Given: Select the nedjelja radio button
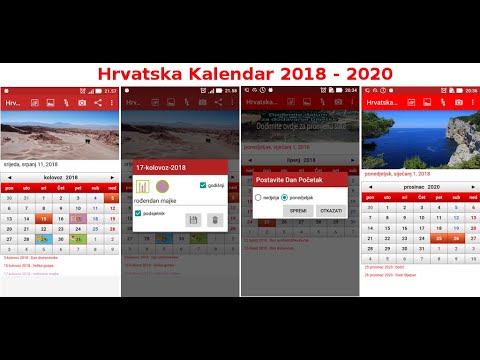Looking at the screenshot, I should click(257, 198).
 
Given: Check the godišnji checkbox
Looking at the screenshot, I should click(203, 185).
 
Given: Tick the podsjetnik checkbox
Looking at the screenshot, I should click(138, 213).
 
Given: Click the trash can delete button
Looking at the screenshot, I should click(214, 219).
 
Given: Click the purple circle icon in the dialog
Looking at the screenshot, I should click(162, 186).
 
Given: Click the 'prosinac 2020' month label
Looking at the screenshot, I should click(419, 186).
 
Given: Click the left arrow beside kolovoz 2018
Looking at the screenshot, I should click(9, 176).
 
